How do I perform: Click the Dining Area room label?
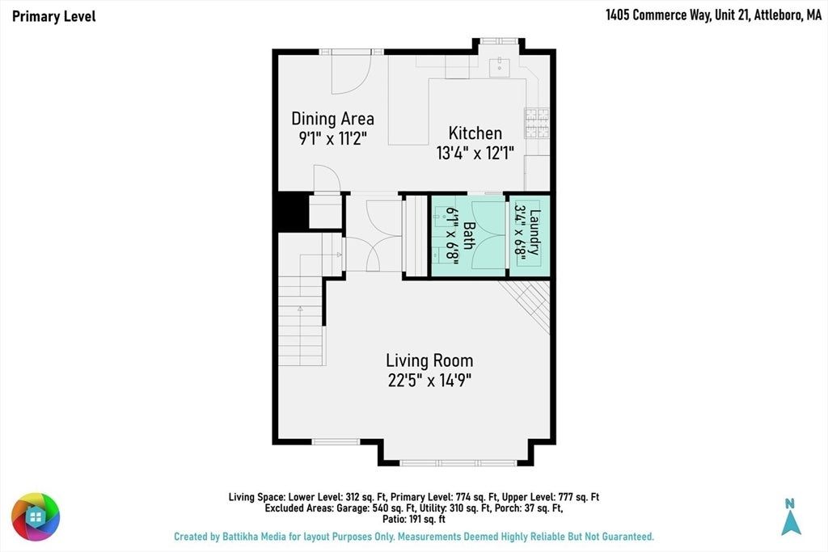332,119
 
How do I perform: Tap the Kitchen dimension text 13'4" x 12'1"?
475,153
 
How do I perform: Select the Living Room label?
429,360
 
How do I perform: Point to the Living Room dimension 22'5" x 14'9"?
429,380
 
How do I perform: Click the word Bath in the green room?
468,235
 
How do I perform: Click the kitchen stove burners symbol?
537,123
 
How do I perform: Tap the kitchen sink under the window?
499,68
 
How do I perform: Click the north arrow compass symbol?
791,516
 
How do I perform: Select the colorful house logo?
36,516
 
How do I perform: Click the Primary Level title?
54,16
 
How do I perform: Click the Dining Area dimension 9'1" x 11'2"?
332,138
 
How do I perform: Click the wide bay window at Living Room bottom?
458,463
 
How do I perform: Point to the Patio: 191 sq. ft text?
414,520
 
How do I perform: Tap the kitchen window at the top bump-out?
499,40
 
